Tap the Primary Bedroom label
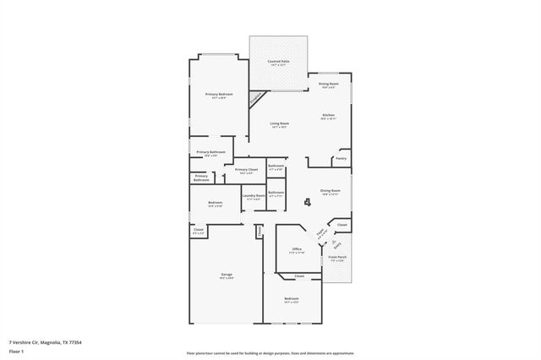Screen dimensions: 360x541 point(218,95)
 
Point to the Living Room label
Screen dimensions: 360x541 point(279,125)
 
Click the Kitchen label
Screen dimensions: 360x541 point(328,116)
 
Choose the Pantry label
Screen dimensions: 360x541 point(341,158)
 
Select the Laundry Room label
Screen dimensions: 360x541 point(254,197)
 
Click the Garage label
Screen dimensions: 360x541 point(227,275)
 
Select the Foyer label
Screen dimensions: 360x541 point(320,234)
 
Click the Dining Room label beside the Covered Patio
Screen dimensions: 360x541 point(329,85)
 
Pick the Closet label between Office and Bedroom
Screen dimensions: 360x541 point(299,276)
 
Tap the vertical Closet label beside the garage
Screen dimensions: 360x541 point(260,231)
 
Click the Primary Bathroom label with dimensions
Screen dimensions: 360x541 point(211,153)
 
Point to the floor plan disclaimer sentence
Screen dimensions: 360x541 point(270,352)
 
